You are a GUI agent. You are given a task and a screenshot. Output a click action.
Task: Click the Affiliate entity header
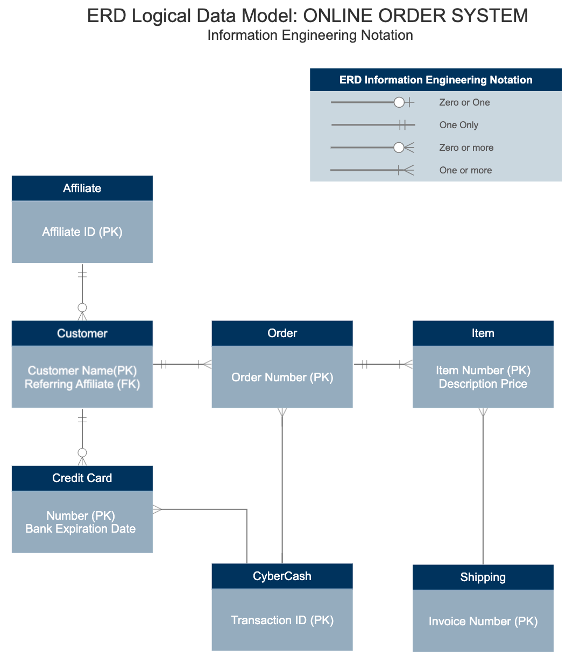point(82,188)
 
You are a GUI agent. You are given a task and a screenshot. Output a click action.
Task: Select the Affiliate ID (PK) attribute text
point(82,232)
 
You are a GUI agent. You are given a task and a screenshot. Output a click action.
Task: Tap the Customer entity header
point(82,333)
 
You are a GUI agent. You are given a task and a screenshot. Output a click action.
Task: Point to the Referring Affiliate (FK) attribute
point(82,384)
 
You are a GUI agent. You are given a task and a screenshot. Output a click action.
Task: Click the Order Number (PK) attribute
point(282,377)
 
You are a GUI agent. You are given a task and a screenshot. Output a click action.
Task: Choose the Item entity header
point(483,333)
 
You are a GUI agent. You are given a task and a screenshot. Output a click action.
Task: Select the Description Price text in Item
point(483,384)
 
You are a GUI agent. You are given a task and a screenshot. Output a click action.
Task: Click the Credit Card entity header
point(82,478)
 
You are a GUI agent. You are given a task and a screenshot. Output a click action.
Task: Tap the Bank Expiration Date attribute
point(80,529)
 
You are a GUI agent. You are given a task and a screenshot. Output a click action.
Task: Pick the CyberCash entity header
point(282,576)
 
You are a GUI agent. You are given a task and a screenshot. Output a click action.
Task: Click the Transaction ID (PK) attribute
point(282,620)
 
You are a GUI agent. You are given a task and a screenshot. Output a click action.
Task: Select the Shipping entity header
point(483,577)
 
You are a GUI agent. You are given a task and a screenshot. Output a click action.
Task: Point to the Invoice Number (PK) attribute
point(483,622)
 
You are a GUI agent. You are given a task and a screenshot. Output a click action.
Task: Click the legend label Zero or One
point(464,102)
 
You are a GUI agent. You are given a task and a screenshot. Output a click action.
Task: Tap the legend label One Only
point(458,125)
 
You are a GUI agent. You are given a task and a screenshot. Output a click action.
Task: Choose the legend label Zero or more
point(466,148)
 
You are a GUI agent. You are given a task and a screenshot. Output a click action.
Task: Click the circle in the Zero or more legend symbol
point(399,148)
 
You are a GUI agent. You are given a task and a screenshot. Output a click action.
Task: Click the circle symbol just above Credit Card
point(82,453)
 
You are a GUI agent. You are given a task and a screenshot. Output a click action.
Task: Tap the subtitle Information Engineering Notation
point(310,36)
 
